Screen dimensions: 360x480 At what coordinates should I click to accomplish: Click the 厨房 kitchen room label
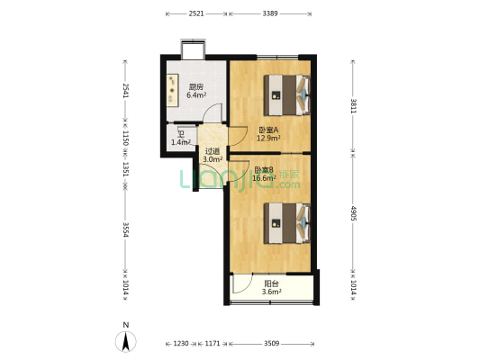tap(195, 87)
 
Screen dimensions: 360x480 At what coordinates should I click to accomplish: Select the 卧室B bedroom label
tap(263, 170)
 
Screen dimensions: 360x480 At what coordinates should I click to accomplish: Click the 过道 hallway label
tap(213, 151)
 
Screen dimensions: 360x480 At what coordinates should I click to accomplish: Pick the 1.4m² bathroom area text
tap(181, 142)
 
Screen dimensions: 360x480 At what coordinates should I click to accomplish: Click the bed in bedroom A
tap(287, 93)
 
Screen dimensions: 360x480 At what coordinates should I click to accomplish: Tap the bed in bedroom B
tap(287, 222)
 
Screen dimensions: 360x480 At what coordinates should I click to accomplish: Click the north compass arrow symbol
tap(127, 340)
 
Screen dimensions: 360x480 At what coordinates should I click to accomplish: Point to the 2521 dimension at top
tap(196, 13)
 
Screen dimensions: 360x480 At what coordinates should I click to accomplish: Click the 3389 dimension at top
tap(270, 13)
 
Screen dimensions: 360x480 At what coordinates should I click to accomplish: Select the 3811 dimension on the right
tap(353, 106)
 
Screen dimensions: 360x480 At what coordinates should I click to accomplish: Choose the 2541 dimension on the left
tap(126, 91)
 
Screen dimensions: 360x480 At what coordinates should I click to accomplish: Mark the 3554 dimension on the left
tap(126, 229)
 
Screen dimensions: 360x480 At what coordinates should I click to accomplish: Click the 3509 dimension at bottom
tap(271, 344)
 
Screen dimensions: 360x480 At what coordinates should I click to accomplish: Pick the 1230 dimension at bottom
tap(181, 344)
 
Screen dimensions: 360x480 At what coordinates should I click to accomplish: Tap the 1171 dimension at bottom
tap(213, 344)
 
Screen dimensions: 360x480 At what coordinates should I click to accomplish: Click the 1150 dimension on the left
tap(126, 139)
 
